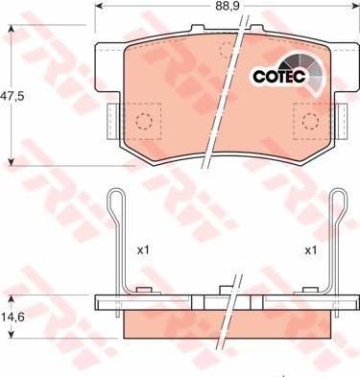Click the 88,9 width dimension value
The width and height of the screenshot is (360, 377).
tap(228, 6)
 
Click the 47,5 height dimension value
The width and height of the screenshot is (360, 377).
tap(12, 96)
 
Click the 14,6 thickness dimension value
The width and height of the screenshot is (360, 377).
tap(12, 317)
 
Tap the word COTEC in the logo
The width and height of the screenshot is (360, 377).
tap(279, 76)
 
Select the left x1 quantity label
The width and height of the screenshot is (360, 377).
tap(143, 250)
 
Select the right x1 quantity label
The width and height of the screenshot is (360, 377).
tap(310, 250)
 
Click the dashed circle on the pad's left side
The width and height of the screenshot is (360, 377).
tap(144, 121)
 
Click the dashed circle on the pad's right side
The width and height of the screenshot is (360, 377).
tap(311, 121)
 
